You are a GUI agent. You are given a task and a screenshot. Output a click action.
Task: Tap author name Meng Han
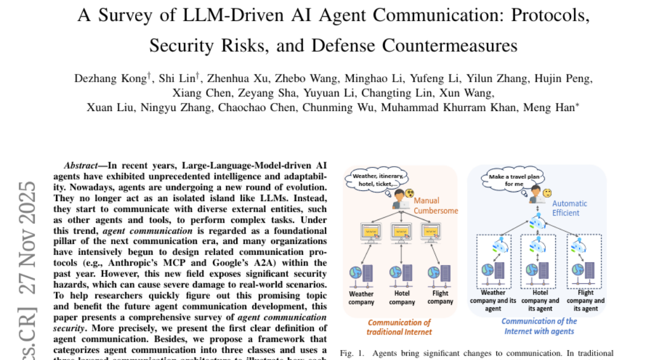558,107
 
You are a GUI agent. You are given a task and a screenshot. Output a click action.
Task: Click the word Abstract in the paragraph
83,165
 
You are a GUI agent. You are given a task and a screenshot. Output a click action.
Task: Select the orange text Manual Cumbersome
435,206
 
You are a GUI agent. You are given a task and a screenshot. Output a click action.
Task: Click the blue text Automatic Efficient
570,208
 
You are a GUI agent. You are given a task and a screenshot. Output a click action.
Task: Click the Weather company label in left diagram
361,298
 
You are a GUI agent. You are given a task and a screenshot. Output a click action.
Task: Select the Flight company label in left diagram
440,298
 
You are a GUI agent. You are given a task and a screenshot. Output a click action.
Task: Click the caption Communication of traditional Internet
399,327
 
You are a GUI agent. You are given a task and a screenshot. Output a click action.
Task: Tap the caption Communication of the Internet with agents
539,326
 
